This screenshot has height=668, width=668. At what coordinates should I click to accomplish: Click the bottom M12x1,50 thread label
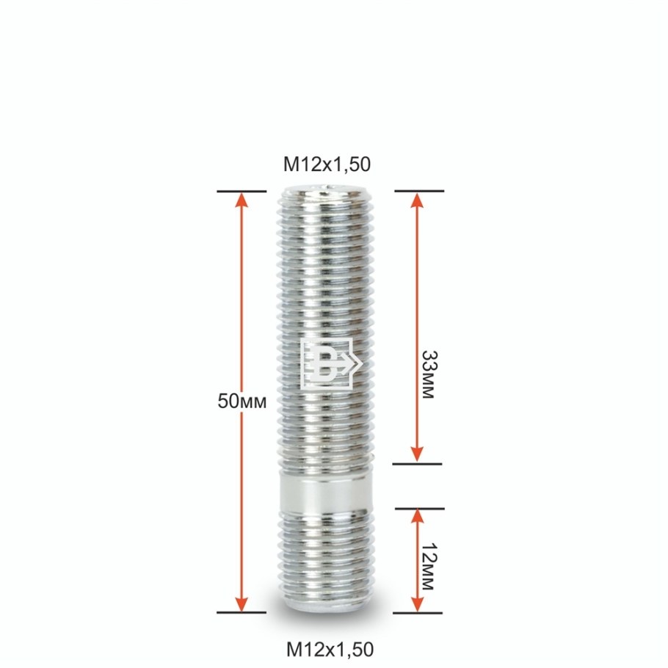(x=330, y=649)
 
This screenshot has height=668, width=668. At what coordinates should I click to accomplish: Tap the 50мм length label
(x=242, y=401)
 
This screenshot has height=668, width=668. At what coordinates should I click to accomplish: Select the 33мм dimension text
(x=427, y=373)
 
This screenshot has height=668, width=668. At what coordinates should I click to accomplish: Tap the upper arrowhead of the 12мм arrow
(x=417, y=518)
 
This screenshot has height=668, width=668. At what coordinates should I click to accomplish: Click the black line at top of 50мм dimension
(x=242, y=192)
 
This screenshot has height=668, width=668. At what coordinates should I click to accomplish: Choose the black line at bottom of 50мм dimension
(x=242, y=611)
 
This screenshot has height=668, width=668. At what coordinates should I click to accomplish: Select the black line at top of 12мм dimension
(x=419, y=508)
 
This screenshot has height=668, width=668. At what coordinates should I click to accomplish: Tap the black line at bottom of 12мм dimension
(x=418, y=612)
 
